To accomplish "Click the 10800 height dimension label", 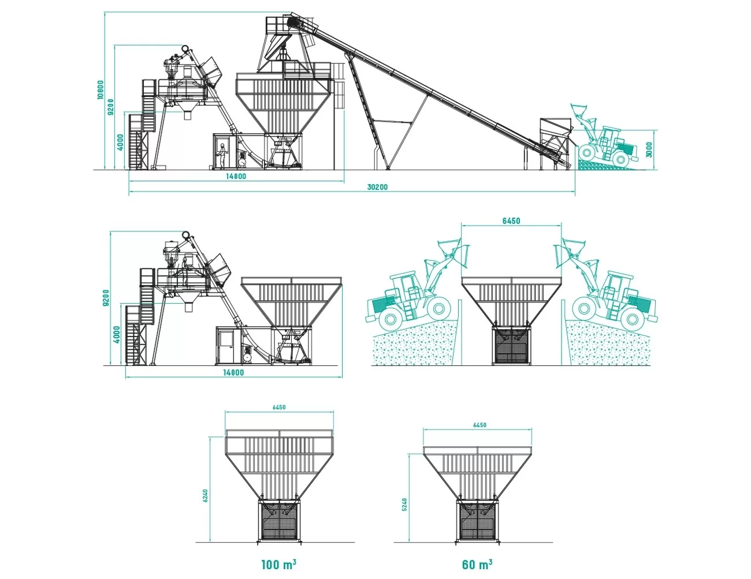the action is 100,90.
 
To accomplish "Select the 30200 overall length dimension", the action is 377,187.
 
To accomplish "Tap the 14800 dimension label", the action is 236,177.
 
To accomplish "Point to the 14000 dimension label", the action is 233,372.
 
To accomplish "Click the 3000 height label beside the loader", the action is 649,150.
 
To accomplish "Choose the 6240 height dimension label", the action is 205,496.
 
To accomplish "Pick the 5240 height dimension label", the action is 405,505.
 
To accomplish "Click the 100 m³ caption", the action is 278,565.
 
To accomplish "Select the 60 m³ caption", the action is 477,565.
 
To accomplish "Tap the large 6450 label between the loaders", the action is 511,221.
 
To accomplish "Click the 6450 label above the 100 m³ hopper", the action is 279,408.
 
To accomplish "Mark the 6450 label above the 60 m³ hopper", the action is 479,425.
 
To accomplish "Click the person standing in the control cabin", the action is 221,155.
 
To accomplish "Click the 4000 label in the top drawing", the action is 120,142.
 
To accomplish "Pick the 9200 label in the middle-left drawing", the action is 106,298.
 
